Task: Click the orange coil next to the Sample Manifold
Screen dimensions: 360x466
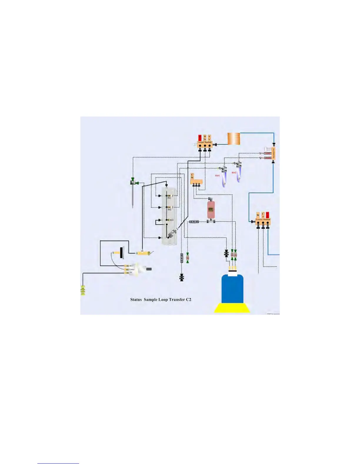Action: (234, 139)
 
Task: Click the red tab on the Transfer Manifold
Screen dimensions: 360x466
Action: (267, 215)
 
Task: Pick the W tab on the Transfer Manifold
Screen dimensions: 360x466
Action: (258, 215)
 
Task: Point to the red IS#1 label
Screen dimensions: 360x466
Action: (217, 176)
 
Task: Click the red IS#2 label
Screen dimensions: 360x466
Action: (234, 173)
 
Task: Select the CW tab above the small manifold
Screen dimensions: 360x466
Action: (192, 176)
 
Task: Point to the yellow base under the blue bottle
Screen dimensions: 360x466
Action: (232, 308)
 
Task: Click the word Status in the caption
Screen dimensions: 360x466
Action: (136, 299)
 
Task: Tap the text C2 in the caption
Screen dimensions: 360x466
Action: (189, 299)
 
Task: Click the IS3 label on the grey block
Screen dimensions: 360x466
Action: (171, 220)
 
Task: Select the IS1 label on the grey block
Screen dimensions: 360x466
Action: (169, 198)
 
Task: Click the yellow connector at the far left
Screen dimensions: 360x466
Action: (83, 291)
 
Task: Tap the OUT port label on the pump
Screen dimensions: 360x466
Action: (131, 266)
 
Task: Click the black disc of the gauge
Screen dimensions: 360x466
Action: (121, 252)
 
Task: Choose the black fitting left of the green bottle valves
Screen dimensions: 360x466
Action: (226, 253)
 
